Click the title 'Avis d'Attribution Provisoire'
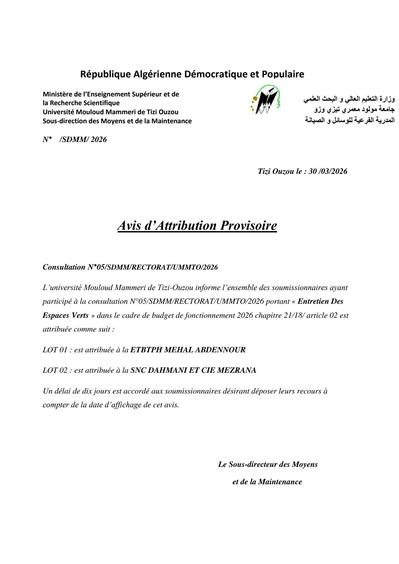(197, 226)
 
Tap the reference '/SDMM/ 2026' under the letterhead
(83, 140)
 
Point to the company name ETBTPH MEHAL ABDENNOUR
(188, 350)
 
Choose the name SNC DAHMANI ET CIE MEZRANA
(193, 370)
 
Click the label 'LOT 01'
(55, 350)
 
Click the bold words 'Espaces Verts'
(66, 315)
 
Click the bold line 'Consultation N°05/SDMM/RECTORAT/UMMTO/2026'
(130, 267)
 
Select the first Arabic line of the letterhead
(349, 99)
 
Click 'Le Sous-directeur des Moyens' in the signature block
(268, 465)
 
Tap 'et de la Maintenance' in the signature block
(267, 482)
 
